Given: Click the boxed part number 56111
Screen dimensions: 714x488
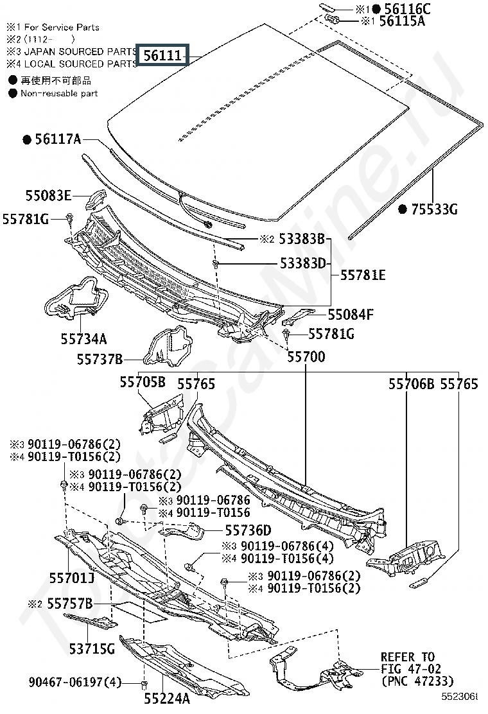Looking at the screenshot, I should (x=162, y=56).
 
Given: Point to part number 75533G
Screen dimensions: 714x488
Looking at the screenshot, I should (x=435, y=209).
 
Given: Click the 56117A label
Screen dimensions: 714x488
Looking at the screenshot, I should (x=58, y=139).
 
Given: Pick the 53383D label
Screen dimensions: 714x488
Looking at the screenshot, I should (x=302, y=263).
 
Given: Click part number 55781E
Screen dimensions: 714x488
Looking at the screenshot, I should (x=363, y=275).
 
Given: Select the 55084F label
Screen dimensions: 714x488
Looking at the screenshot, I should (x=351, y=315).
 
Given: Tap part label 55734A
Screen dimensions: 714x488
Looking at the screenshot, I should (x=84, y=338).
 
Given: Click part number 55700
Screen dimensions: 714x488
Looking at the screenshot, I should (x=306, y=357).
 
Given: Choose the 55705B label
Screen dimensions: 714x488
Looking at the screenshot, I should (x=143, y=383).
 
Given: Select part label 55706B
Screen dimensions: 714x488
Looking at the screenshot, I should (x=412, y=384).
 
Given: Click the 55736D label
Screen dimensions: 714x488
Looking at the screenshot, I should (x=248, y=530).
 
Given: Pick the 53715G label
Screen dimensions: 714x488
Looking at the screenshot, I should (x=92, y=649).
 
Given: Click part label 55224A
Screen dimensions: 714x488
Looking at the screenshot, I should (x=167, y=699).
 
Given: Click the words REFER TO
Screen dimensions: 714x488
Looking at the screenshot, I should (x=408, y=657).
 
